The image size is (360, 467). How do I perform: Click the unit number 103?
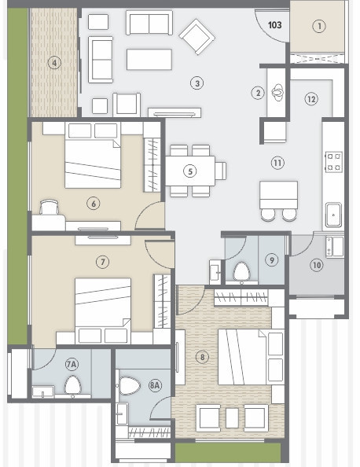[275, 25]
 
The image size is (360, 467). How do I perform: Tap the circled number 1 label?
[318, 26]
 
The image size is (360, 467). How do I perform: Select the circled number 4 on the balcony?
[53, 63]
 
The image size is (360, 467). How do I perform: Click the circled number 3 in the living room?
[197, 83]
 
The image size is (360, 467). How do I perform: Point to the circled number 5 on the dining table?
[189, 170]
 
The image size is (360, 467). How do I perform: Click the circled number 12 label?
[311, 99]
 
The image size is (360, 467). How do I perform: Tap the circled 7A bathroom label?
[72, 364]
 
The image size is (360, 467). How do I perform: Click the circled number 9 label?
[271, 259]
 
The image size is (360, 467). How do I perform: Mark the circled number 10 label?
[316, 265]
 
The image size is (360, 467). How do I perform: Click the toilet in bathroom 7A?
[73, 385]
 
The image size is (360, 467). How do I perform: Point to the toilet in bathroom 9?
[242, 272]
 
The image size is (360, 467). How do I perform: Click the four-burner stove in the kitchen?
[333, 161]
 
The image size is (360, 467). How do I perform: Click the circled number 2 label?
[257, 93]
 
